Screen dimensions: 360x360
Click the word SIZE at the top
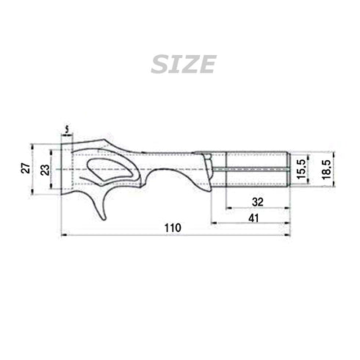point(182,65)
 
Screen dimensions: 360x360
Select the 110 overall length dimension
point(172,228)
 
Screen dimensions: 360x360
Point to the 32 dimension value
point(256,201)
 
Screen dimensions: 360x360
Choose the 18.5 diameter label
point(323,170)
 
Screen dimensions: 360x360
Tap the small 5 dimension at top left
point(68,130)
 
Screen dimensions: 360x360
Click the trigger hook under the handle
point(99,206)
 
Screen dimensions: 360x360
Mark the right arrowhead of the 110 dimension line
point(288,235)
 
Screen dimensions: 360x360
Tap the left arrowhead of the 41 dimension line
point(214,223)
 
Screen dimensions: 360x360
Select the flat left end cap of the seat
point(65,170)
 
